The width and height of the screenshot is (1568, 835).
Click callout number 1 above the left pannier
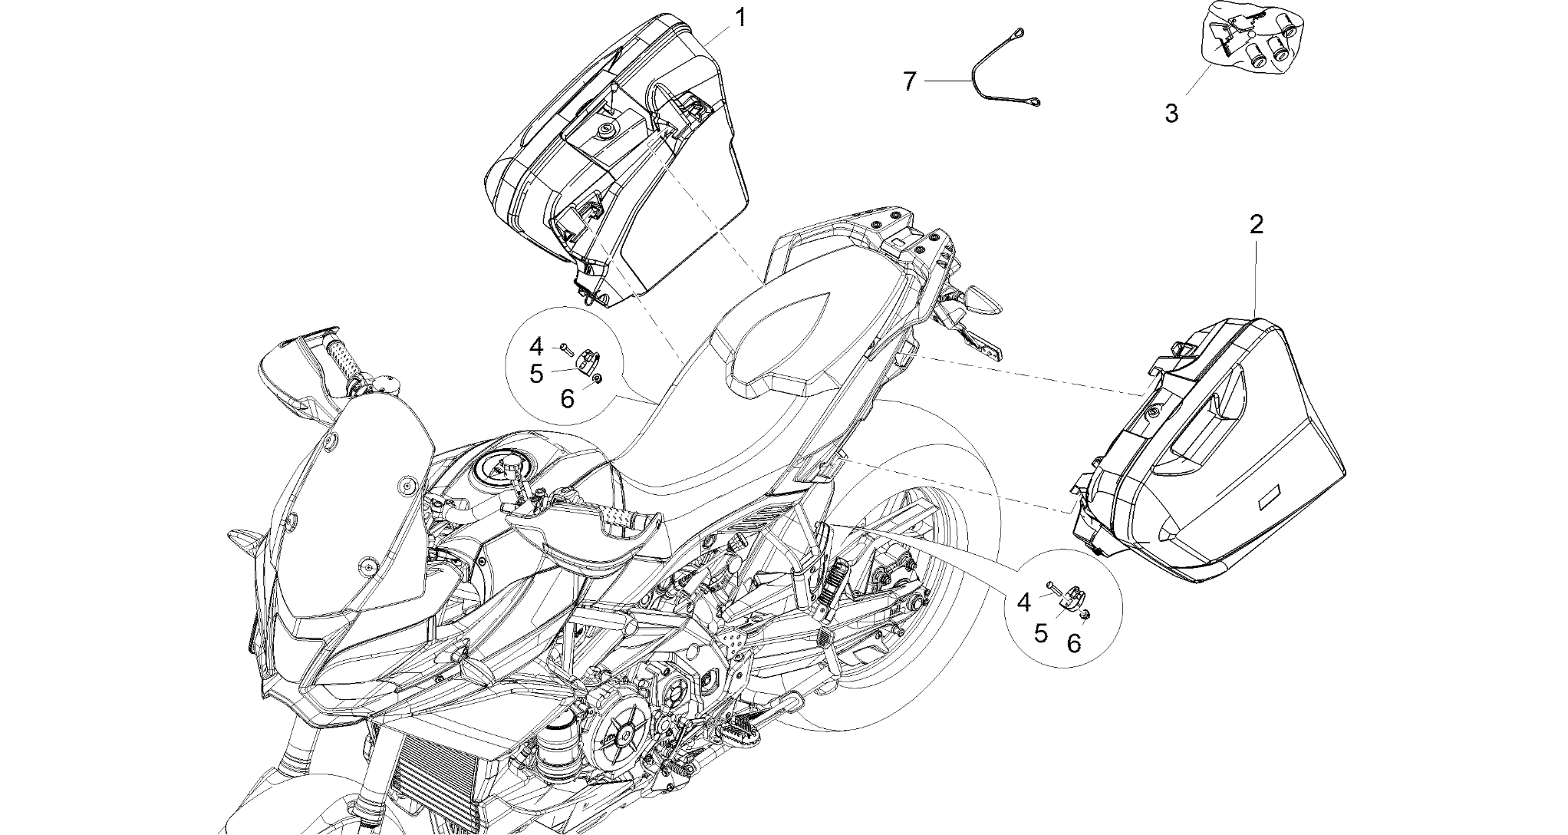click(740, 18)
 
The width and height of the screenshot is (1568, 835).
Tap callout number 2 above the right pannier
click(1256, 225)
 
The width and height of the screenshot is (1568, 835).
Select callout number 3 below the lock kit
click(1171, 114)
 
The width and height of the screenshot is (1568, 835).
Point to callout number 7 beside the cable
click(910, 81)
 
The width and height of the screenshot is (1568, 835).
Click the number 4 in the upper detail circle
click(536, 346)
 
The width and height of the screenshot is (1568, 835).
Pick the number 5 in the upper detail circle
click(536, 375)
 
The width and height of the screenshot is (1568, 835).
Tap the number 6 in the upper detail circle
click(567, 399)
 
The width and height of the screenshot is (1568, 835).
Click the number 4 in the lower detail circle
click(1024, 603)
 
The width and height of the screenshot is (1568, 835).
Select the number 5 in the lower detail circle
click(1041, 633)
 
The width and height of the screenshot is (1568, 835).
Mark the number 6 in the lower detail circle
click(1074, 644)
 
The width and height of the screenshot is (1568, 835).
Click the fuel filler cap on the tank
click(507, 467)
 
